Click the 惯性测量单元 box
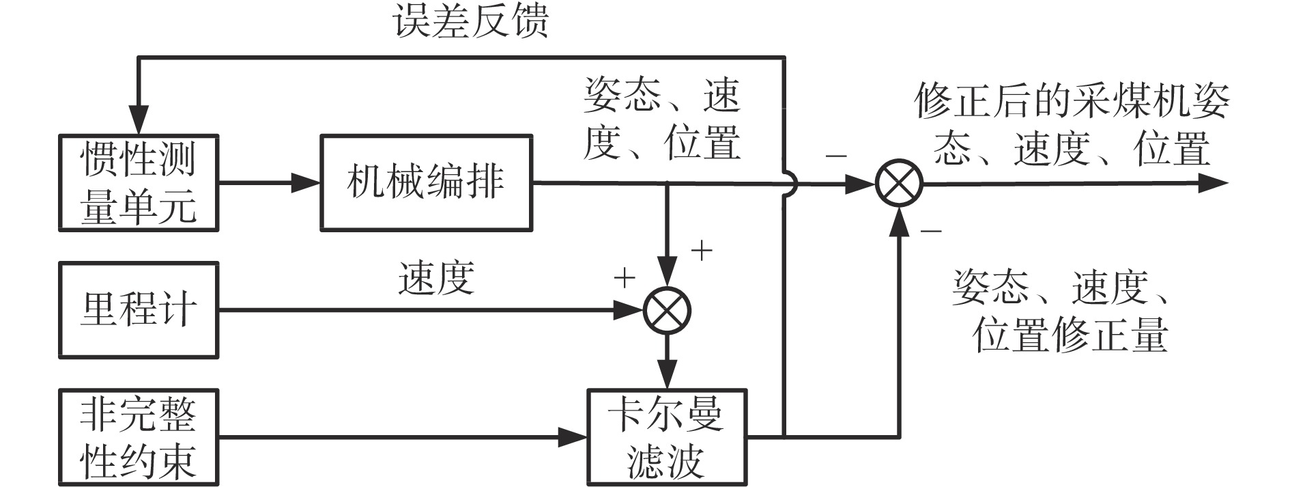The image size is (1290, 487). [139, 183]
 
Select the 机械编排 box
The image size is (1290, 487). [426, 183]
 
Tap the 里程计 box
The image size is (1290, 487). [139, 310]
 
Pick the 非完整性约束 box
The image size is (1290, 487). [139, 437]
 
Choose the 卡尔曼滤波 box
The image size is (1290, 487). [667, 437]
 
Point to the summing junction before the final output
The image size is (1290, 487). [899, 184]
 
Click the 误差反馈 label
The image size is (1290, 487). [472, 20]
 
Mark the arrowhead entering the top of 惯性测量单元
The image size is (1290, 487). [139, 123]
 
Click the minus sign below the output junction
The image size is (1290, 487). [930, 231]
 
